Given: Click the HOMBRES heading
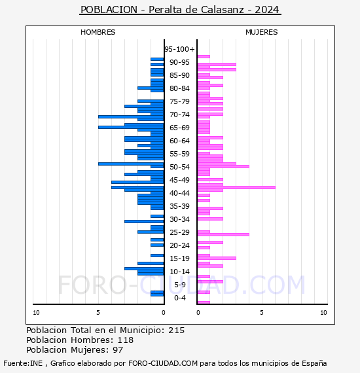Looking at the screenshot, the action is [98, 32].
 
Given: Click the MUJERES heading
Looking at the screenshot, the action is [262, 32].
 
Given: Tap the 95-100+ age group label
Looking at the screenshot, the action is [179, 49].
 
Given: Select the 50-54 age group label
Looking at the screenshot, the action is [179, 167].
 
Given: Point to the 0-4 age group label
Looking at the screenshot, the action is [179, 298].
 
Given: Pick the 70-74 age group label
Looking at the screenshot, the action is [179, 115].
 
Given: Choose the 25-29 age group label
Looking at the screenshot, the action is [179, 232].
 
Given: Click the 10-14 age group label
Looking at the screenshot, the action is [179, 272].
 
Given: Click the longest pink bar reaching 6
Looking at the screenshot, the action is [236, 187].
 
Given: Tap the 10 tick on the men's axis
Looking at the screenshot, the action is [36, 312].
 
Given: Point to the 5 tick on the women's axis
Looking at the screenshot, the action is [262, 312].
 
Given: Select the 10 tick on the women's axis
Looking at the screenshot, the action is [323, 312].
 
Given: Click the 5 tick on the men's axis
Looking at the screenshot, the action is [98, 312].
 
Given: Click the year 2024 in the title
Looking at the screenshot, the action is [267, 10].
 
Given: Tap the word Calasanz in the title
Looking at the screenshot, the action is [223, 10].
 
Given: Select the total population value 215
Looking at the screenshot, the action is [176, 330].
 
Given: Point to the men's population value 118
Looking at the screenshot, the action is [126, 340].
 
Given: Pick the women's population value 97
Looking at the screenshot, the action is [118, 350].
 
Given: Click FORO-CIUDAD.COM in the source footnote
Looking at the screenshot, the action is [163, 363].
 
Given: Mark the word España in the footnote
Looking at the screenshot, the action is [314, 363].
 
